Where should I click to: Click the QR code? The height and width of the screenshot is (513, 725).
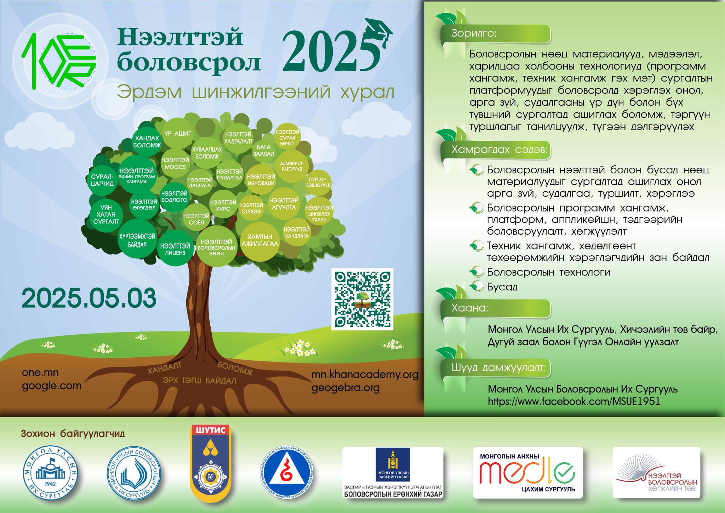[x=362, y=299]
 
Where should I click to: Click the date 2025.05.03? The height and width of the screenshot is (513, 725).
[x=89, y=298]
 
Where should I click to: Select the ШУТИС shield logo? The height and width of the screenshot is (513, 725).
[x=211, y=463]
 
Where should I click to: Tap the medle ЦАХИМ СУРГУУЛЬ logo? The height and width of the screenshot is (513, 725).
[x=527, y=473]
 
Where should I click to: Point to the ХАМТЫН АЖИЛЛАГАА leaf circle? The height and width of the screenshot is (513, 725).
[x=260, y=240]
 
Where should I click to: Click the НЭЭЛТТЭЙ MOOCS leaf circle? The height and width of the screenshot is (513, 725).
[x=175, y=163]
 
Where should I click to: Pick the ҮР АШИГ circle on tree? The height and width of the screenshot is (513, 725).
[x=178, y=134]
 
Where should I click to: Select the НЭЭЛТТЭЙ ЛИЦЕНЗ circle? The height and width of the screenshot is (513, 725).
[x=175, y=249]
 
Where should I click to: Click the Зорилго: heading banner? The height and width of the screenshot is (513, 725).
[x=496, y=34]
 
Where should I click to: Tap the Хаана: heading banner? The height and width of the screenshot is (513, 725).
[x=496, y=308]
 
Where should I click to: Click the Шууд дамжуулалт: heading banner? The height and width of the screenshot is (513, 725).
[x=496, y=368]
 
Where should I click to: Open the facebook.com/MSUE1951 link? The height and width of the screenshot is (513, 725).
[x=574, y=401]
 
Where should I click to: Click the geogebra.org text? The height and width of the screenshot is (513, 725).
[x=345, y=388]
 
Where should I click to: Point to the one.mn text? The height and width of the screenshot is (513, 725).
[x=40, y=372]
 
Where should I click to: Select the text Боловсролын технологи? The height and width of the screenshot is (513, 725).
[x=548, y=272]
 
